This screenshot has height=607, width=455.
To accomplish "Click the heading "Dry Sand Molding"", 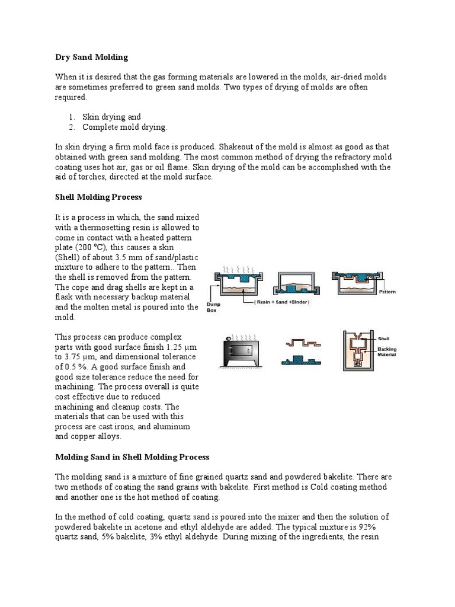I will tap(91, 57).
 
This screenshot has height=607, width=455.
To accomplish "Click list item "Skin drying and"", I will tap(111, 117).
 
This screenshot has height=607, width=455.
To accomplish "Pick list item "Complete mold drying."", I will tap(124, 127).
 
